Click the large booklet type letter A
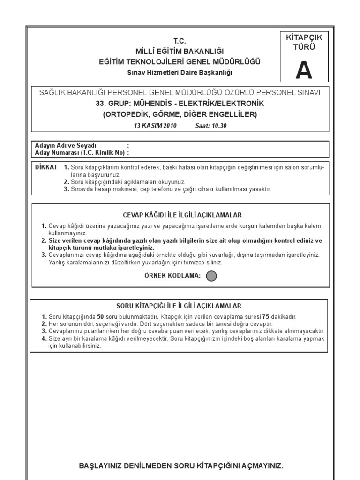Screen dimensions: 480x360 click(303, 71)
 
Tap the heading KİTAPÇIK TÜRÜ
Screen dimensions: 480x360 click(304, 42)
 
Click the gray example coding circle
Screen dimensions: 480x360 click(212, 276)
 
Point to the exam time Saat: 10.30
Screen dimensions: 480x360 click(211, 126)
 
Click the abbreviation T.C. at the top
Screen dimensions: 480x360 click(180, 41)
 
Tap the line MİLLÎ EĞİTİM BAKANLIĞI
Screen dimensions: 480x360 click(180, 51)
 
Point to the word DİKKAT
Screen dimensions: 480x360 click(46, 167)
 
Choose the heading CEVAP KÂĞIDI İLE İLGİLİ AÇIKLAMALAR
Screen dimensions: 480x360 click(182, 215)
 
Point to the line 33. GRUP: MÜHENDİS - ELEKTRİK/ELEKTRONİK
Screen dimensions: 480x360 click(180, 103)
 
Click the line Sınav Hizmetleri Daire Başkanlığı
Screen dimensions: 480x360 click(180, 72)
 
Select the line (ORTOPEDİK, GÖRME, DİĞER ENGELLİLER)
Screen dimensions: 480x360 click(180, 114)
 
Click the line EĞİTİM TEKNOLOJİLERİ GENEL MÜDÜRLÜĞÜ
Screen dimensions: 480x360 click(180, 61)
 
